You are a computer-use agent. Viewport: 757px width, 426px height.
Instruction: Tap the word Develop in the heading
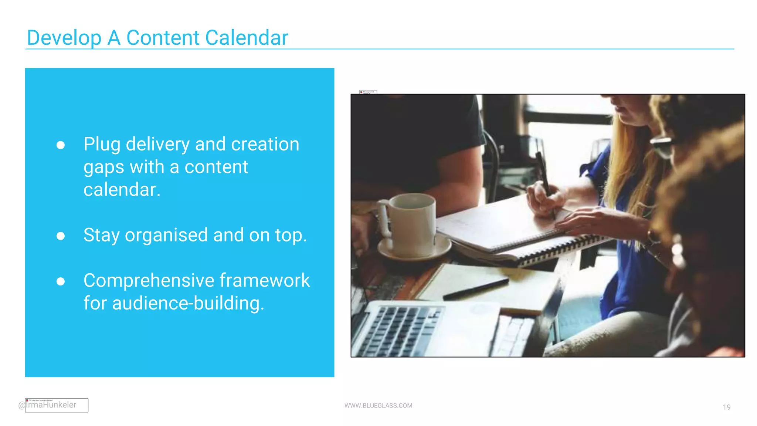point(64,38)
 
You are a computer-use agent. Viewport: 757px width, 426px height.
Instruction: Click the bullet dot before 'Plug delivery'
point(61,145)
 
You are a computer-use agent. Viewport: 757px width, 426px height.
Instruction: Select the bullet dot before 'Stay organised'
point(61,236)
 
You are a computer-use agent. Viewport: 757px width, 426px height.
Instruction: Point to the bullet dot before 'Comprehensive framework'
point(61,281)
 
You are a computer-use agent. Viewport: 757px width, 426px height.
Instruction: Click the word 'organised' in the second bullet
point(166,235)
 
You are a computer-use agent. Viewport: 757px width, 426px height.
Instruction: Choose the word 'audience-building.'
point(188,303)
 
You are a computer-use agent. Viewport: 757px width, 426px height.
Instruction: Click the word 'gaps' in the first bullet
point(103,168)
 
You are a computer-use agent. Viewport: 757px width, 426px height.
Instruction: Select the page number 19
point(726,407)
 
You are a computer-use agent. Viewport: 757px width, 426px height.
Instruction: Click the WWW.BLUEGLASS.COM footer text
point(378,406)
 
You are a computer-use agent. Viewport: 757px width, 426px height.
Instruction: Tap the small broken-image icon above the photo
point(368,92)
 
